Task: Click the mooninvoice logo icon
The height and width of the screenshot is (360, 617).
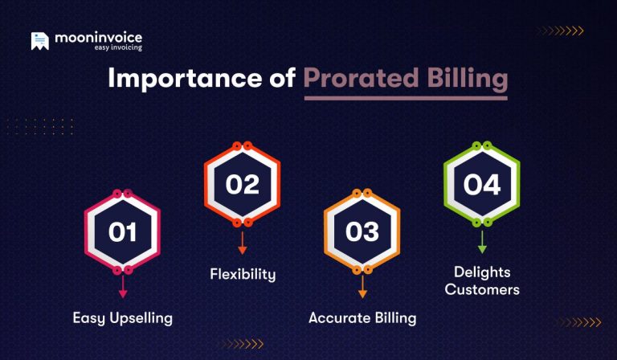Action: [x=39, y=41]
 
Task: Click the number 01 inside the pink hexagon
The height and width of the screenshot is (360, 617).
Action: [x=123, y=233]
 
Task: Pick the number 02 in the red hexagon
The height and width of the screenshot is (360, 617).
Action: [x=242, y=184]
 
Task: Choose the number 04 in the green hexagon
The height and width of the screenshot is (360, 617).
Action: [x=482, y=184]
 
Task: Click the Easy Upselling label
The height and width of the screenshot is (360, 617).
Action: [x=123, y=317]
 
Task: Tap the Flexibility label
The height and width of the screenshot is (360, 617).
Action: [x=243, y=274]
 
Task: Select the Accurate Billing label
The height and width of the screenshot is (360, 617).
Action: [x=362, y=317]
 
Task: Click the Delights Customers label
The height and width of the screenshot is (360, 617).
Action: [x=482, y=280]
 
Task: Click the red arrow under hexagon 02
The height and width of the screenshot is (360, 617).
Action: [x=242, y=243]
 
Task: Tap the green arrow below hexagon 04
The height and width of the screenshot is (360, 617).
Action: [x=482, y=243]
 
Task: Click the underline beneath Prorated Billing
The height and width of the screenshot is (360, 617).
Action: [x=405, y=97]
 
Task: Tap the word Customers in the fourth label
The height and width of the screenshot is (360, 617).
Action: [x=482, y=289]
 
